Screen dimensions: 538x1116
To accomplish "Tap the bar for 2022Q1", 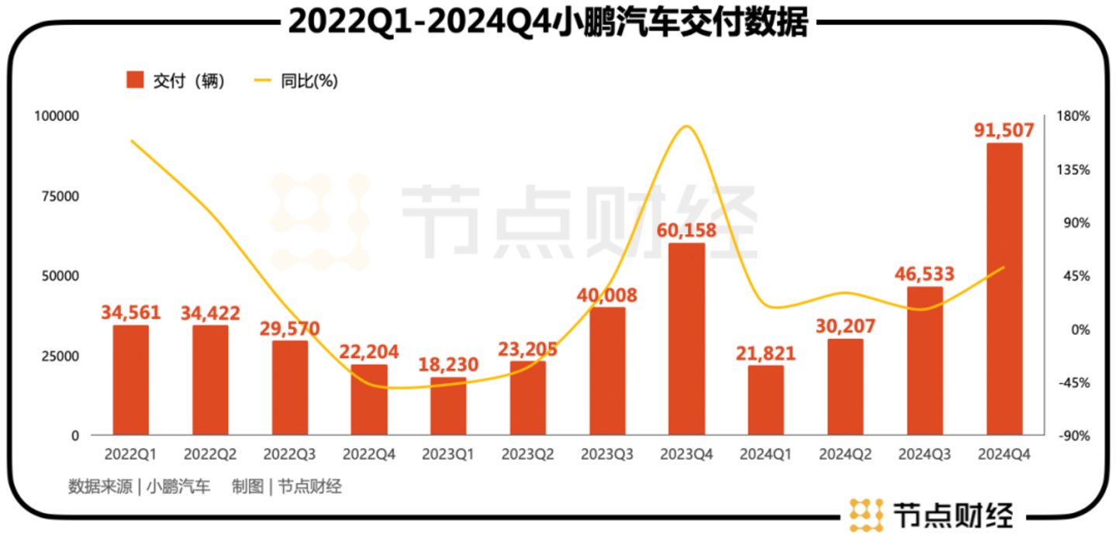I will tap(130, 380).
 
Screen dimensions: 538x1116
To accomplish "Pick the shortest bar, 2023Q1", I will tap(448, 406).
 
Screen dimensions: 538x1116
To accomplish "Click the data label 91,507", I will tap(1004, 129).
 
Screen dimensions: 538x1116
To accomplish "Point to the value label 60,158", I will tap(686, 230).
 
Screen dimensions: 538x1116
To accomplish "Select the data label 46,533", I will tap(924, 274).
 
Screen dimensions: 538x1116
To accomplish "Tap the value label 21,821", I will tap(765, 353).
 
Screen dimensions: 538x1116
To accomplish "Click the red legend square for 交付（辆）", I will tap(135, 81).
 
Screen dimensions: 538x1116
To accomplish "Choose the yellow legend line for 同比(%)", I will tap(263, 81).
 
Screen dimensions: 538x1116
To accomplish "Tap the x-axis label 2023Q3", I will tap(607, 454).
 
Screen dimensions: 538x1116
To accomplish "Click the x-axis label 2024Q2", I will tap(845, 454).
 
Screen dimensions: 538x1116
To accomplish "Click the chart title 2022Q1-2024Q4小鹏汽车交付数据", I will tap(548, 23).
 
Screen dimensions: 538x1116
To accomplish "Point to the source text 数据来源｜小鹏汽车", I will tap(139, 487).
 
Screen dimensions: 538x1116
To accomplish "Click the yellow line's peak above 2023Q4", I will tap(686, 126).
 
